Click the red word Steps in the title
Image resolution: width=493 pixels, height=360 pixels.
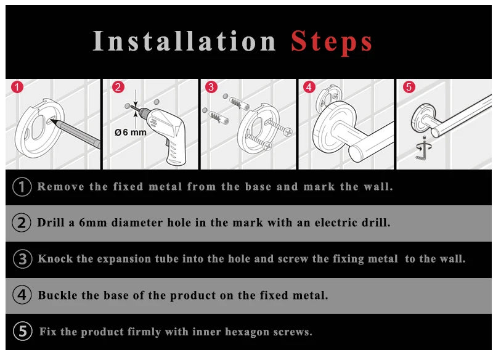[332, 42]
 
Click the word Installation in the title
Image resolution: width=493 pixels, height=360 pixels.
[184, 41]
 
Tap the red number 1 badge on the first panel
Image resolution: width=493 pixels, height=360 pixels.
[17, 87]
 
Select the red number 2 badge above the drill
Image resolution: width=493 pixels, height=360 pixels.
[118, 87]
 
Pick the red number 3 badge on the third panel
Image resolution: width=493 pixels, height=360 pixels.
[211, 87]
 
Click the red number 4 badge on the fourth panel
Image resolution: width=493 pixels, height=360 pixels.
[309, 87]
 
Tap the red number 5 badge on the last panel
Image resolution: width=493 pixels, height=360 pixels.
[409, 87]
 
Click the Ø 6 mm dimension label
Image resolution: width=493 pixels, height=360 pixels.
[131, 133]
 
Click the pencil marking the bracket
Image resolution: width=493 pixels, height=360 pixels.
[75, 133]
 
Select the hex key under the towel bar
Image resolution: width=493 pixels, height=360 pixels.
[422, 150]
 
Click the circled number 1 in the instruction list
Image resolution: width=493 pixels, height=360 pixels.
[22, 187]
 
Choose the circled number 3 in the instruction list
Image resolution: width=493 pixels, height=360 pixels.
[22, 259]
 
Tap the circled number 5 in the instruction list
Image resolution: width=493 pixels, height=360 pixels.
[23, 332]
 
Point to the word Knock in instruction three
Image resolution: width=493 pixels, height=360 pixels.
[55, 259]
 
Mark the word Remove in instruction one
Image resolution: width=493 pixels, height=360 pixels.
[60, 187]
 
